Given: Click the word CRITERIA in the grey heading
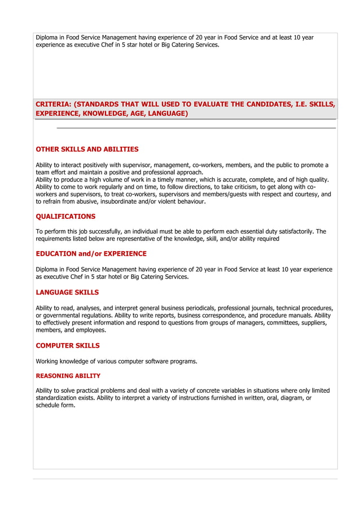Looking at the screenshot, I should (53, 104).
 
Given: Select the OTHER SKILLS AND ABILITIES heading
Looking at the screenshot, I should (87, 150).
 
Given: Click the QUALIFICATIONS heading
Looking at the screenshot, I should (65, 216).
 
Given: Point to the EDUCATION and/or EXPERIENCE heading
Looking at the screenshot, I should (91, 254).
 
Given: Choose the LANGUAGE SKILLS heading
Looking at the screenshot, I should (67, 292).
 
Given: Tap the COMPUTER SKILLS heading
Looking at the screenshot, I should (68, 345).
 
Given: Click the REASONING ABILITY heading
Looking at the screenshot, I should (68, 376).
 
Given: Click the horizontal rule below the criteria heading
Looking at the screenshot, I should (196, 128).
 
